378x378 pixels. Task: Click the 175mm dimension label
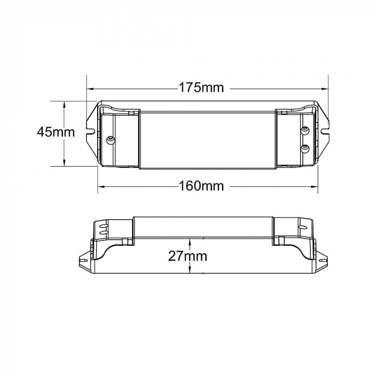tap(201, 87)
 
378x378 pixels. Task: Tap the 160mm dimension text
tap(201, 186)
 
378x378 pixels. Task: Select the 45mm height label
tap(56, 132)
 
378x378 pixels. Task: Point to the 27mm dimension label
tap(187, 256)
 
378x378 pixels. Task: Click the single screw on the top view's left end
tap(111, 140)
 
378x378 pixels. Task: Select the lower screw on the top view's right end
tap(305, 147)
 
